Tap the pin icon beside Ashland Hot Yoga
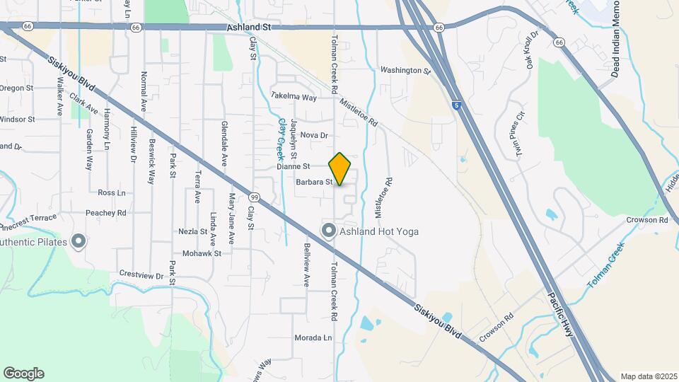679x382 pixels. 328,231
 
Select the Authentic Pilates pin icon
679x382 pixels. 79,242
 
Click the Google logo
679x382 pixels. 23,374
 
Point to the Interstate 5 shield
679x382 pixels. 457,104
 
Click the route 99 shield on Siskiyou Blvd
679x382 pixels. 253,195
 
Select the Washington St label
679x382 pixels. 405,71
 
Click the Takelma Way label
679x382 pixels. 294,97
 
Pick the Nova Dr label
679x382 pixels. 315,134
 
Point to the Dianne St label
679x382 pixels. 294,167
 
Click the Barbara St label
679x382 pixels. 315,182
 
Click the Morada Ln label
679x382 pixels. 313,338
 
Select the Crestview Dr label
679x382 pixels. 141,274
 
